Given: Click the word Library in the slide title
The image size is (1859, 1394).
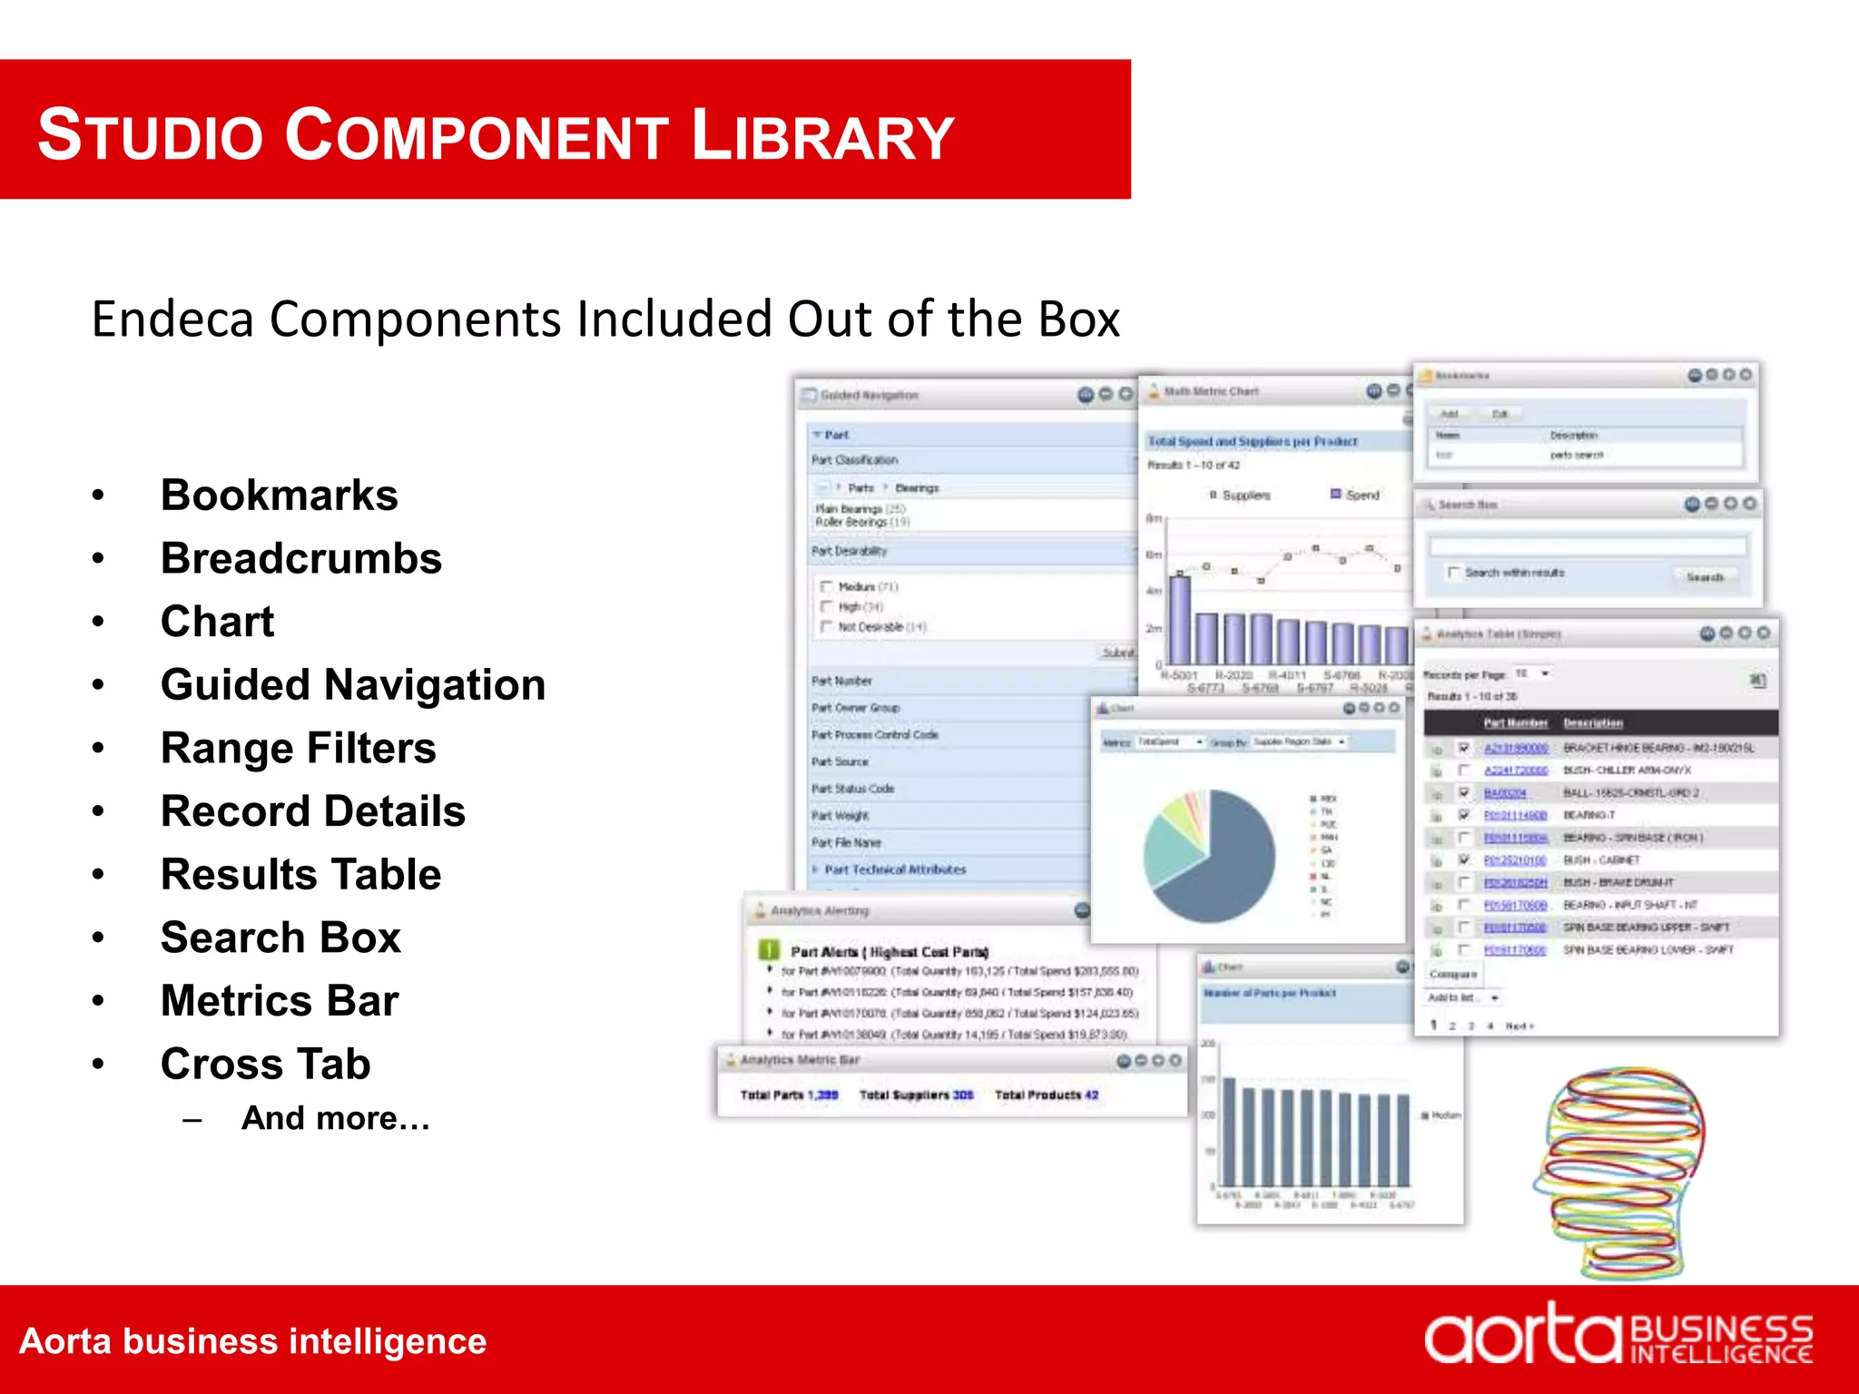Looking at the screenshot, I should (822, 136).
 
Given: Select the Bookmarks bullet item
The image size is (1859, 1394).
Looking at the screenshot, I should (279, 496).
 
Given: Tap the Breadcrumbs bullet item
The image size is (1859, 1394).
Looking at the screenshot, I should (300, 558).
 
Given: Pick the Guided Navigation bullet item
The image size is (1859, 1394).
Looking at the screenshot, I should (352, 685).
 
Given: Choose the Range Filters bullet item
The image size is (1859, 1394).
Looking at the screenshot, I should (298, 749).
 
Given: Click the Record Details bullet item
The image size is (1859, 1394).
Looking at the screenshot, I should (312, 811).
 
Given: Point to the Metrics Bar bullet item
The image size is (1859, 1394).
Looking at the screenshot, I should (280, 1001).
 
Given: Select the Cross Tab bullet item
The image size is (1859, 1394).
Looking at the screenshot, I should (265, 1064).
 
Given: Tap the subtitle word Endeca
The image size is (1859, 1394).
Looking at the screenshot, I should (173, 319).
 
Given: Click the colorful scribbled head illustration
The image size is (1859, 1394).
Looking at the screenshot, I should (1620, 1171).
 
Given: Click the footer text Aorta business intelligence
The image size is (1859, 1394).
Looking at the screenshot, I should (252, 1341).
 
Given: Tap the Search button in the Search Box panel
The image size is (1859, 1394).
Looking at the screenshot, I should (1704, 577).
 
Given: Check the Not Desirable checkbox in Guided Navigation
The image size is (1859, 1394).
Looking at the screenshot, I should (826, 627).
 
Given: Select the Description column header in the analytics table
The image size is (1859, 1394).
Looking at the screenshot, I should (1592, 723).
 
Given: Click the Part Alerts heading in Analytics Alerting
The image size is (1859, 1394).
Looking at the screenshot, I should (889, 952).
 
